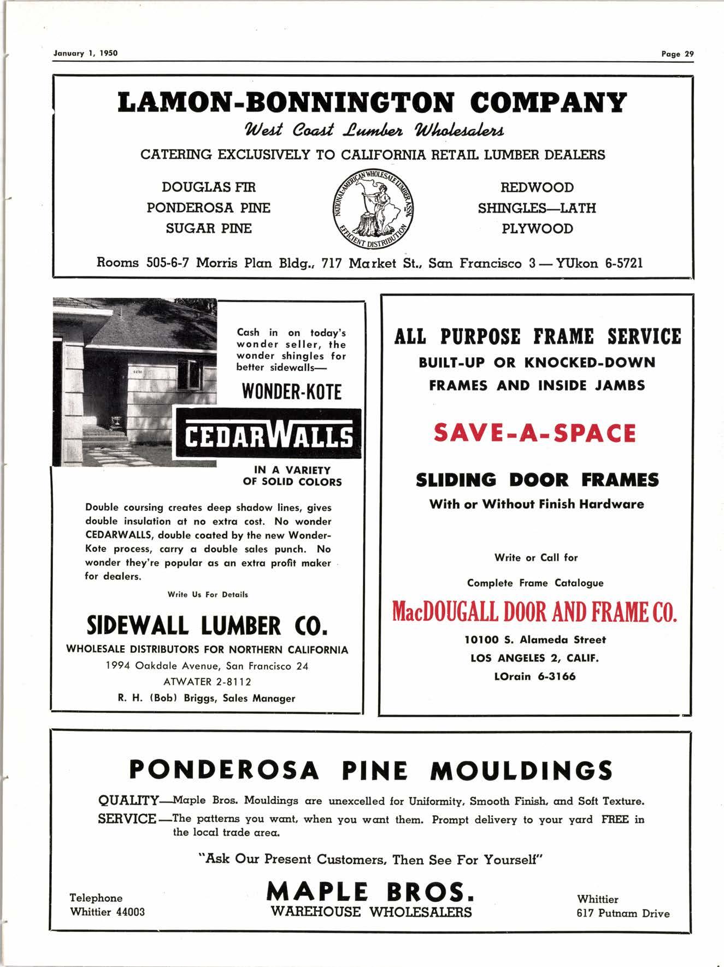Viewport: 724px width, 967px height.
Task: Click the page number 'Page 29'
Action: [x=677, y=54]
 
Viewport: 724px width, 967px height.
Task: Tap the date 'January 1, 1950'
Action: [x=85, y=53]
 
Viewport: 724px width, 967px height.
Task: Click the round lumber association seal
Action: [x=373, y=208]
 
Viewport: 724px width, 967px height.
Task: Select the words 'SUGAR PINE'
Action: [x=209, y=228]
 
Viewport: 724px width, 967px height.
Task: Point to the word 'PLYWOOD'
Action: [x=537, y=228]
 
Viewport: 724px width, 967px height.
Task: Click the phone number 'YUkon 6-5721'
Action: [x=599, y=263]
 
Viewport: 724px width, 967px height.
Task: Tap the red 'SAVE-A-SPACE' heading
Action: [x=535, y=434]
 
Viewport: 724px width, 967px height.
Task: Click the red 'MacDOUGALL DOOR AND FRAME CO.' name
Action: [x=535, y=612]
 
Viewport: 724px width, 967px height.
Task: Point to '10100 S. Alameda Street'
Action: [x=535, y=639]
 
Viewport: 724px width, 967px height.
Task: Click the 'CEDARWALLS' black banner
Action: [x=268, y=437]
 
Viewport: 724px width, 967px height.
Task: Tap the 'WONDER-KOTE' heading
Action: [x=292, y=392]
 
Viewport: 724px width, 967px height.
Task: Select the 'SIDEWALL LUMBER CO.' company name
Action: [x=207, y=626]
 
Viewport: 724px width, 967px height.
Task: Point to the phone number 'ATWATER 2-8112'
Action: [x=207, y=682]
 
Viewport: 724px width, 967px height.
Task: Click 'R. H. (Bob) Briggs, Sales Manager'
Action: [x=207, y=698]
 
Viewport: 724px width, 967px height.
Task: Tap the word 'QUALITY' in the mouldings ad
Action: [x=128, y=801]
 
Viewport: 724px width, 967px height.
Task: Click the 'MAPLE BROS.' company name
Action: [x=370, y=893]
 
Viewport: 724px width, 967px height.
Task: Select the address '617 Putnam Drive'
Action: [x=623, y=913]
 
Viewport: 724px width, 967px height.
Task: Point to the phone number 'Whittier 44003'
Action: [x=108, y=912]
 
